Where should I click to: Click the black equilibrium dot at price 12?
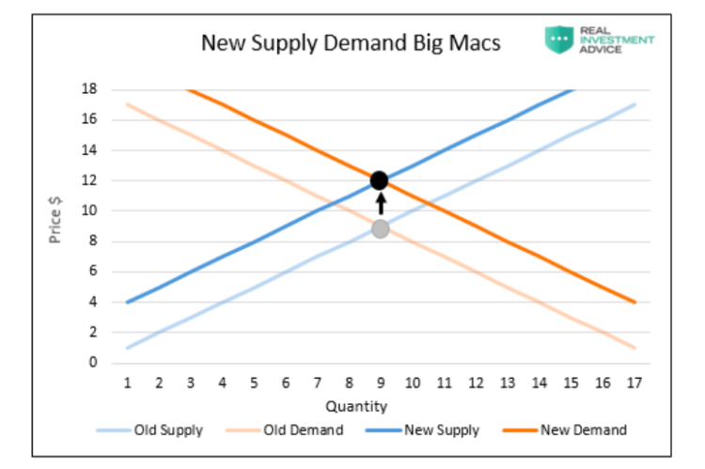380,180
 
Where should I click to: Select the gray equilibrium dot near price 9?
380,228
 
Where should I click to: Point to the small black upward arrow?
380,204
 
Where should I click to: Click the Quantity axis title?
356,407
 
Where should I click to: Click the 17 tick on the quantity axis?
635,383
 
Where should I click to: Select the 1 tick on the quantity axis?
127,383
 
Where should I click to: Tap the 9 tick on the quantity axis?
380,383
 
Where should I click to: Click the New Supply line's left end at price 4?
127,302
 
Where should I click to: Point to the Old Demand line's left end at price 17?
127,104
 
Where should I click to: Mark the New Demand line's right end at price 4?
635,302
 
